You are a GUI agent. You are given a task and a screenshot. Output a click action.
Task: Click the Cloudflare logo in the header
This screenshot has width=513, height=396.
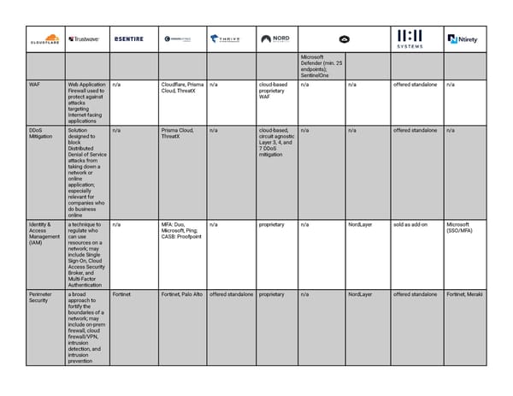[44, 38]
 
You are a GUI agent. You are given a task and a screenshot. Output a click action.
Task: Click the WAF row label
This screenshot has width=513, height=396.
[34, 85]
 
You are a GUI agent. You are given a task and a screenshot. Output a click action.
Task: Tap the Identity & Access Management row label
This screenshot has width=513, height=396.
[40, 233]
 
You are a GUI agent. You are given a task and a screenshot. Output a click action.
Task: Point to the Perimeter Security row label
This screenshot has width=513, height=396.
[39, 297]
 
